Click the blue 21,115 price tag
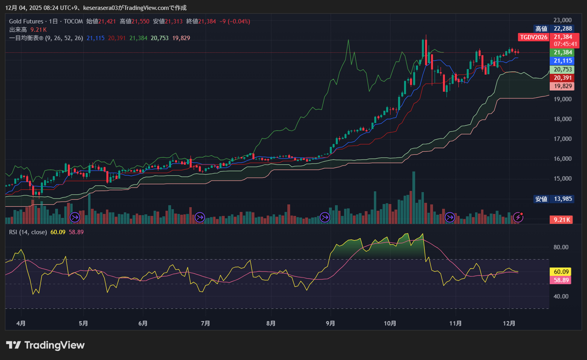(563, 61)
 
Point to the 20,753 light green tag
(563, 70)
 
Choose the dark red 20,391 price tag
(563, 78)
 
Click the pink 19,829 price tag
(563, 86)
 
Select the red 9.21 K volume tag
(562, 220)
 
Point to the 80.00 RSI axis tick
(561, 247)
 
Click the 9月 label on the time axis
(330, 323)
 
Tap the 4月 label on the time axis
(21, 323)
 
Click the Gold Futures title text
(26, 21)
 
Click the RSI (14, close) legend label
(28, 232)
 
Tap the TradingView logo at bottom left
(45, 345)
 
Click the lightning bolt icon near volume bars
(519, 216)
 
